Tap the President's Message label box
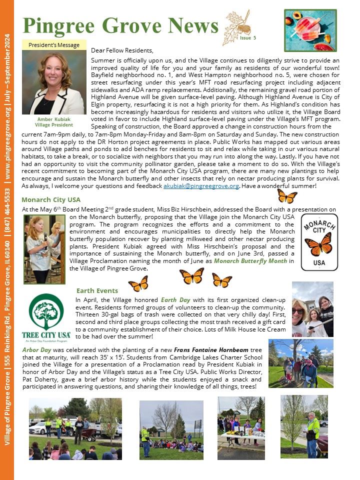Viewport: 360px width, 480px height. [54, 45]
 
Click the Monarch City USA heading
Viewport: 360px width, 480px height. [51, 199]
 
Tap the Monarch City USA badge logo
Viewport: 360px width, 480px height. [319, 242]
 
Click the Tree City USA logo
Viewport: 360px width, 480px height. [46, 316]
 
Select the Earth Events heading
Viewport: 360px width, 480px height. [97, 290]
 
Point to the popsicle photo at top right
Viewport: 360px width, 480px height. [310, 31]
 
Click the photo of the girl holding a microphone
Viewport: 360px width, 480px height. [44, 249]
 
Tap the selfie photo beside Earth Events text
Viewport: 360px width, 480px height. [312, 309]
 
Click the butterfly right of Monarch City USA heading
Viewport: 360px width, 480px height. [287, 195]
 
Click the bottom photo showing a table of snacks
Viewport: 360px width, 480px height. [241, 427]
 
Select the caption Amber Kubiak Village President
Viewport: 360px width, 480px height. [54, 122]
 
